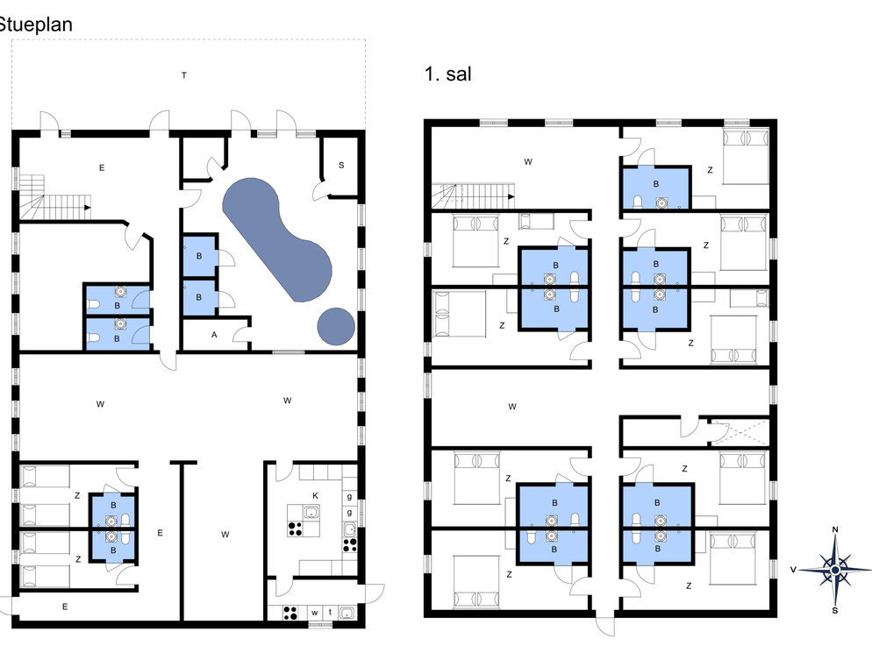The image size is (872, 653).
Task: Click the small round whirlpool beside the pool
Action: coord(336,326)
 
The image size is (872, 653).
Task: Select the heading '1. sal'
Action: coord(447,74)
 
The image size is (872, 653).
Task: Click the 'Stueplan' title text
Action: coord(36,25)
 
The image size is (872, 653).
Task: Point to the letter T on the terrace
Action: coord(184,75)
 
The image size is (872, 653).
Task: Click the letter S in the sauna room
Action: coord(341,165)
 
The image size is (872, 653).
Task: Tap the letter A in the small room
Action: coord(214,335)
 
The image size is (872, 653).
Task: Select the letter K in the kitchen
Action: coord(315,496)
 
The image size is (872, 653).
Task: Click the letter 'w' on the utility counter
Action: coord(314,613)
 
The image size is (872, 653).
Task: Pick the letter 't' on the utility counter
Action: coord(331,612)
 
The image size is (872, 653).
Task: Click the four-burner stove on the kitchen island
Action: coord(296,529)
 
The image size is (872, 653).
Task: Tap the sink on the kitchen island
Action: coord(311,512)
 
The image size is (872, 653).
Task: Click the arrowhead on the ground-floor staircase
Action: coord(88,207)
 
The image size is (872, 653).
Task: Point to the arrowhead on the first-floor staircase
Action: coord(511,196)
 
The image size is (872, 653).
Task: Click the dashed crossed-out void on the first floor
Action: coord(740,432)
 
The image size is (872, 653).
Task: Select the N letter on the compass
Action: coord(835,529)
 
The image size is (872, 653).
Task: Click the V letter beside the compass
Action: coord(794,570)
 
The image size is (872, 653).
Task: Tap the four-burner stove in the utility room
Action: coord(290,613)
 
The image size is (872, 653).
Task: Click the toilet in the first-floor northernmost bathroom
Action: coord(638,202)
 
